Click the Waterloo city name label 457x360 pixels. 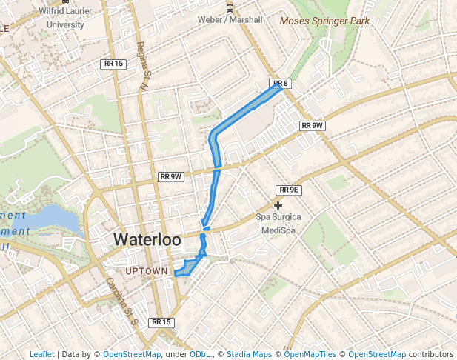click(x=147, y=240)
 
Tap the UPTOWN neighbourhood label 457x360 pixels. click(x=147, y=272)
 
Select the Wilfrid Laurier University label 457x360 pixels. click(x=65, y=19)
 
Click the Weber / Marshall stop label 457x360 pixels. click(x=230, y=20)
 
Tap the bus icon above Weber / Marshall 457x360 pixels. click(x=230, y=8)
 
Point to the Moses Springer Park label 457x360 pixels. click(x=324, y=21)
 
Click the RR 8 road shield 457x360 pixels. click(x=279, y=84)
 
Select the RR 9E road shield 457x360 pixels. click(x=288, y=190)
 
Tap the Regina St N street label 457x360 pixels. click(x=142, y=66)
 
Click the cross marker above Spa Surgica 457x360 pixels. click(x=278, y=205)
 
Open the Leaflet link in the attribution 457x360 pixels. click(x=41, y=355)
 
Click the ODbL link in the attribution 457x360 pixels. click(x=200, y=355)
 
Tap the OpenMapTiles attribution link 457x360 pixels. click(x=310, y=355)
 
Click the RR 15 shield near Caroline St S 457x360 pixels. click(x=161, y=322)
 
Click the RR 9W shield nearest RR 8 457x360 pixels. click(x=313, y=126)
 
